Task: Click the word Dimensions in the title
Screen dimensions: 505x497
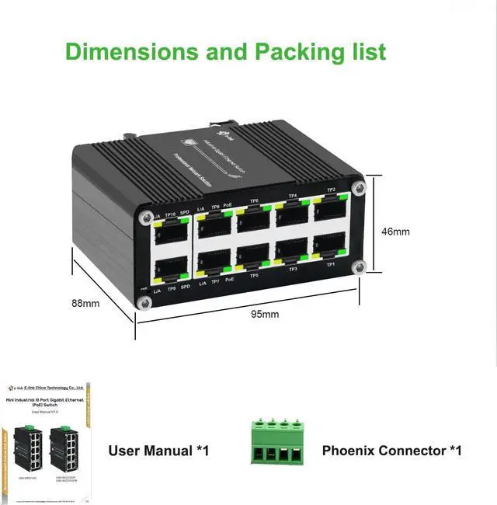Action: (122, 51)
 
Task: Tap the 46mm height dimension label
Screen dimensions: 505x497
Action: (396, 231)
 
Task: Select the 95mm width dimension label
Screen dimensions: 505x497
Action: (265, 314)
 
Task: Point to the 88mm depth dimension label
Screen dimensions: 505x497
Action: (85, 303)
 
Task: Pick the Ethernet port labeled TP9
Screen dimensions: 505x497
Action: (171, 269)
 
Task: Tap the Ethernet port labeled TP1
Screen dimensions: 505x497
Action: (330, 246)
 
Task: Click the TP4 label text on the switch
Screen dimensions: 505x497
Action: (293, 196)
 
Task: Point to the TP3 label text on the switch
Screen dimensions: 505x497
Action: (293, 269)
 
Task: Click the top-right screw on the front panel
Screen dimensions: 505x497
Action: (358, 187)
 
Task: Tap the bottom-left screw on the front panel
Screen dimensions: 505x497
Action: (144, 304)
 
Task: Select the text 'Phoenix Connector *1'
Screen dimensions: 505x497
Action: (391, 451)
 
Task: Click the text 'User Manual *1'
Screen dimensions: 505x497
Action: (158, 451)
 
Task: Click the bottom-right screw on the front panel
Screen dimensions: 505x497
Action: (359, 267)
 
